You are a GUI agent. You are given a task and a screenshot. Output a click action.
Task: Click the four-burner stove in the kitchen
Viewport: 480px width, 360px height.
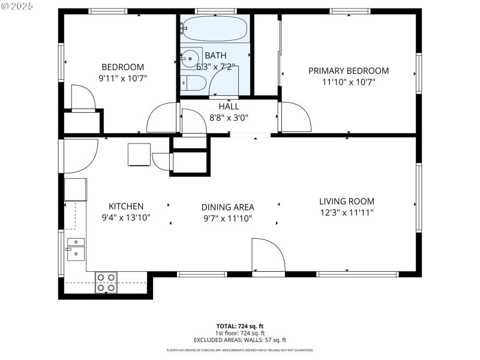pos(106,283)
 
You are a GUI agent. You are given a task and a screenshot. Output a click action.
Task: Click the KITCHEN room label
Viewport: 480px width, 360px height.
pos(125,206)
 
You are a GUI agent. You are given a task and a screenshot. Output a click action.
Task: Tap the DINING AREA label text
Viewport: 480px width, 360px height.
pos(227,207)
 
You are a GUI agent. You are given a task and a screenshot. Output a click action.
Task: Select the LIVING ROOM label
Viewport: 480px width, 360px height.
pos(346,202)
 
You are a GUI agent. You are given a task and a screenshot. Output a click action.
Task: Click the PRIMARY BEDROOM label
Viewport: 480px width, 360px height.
pos(348,71)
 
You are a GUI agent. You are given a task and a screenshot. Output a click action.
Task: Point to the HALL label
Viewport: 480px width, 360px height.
pos(228,107)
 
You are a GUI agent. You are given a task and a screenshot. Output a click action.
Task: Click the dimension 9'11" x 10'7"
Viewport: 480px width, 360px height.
pos(122,78)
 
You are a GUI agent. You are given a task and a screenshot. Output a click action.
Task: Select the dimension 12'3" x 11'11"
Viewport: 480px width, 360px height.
pos(346,212)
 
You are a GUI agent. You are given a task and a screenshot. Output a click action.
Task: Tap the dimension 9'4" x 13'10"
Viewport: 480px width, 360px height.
pos(125,217)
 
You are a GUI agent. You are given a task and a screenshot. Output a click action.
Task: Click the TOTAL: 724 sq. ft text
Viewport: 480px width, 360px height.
pos(239,326)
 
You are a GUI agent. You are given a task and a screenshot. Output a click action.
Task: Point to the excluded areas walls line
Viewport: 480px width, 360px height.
pos(239,340)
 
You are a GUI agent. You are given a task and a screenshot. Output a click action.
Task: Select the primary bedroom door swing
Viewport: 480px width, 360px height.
pos(295,116)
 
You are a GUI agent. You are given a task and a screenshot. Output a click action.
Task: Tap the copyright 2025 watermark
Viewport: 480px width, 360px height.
pos(19,5)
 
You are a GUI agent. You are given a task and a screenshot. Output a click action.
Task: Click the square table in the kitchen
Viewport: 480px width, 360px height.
pos(139,154)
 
